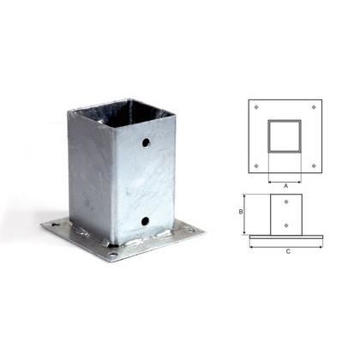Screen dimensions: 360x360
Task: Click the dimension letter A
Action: [x=285, y=186]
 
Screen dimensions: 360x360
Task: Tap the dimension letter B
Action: [x=241, y=212]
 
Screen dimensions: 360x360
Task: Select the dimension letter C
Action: [x=288, y=251]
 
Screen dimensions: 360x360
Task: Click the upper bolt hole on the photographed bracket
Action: [x=146, y=142]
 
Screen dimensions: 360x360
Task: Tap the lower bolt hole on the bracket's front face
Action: [x=145, y=220]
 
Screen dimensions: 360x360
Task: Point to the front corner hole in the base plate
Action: [x=114, y=254]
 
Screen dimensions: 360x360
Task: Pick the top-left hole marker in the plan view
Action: [x=256, y=107]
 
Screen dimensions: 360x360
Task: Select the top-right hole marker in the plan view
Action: [x=314, y=107]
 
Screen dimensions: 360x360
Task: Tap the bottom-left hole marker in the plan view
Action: [x=256, y=165]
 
